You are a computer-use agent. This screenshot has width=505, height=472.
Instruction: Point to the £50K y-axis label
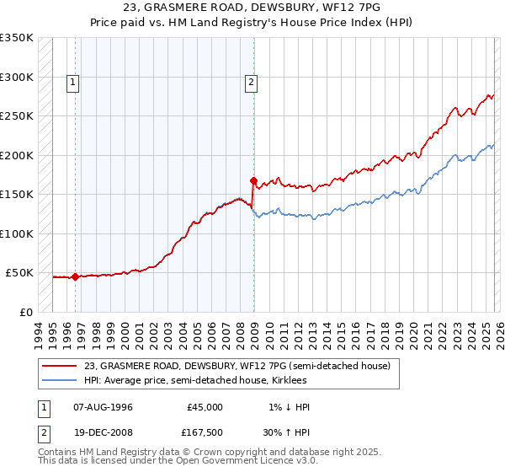click(19, 273)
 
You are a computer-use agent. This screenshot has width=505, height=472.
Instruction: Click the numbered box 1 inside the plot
click(74, 83)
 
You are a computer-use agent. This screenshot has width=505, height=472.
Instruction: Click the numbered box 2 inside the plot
click(252, 83)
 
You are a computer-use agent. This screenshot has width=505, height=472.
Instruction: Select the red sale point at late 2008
click(252, 180)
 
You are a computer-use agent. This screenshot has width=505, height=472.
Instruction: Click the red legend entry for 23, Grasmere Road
click(237, 367)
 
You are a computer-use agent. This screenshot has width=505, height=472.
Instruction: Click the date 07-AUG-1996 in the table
click(103, 407)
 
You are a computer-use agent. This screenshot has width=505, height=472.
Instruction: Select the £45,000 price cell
click(205, 407)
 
